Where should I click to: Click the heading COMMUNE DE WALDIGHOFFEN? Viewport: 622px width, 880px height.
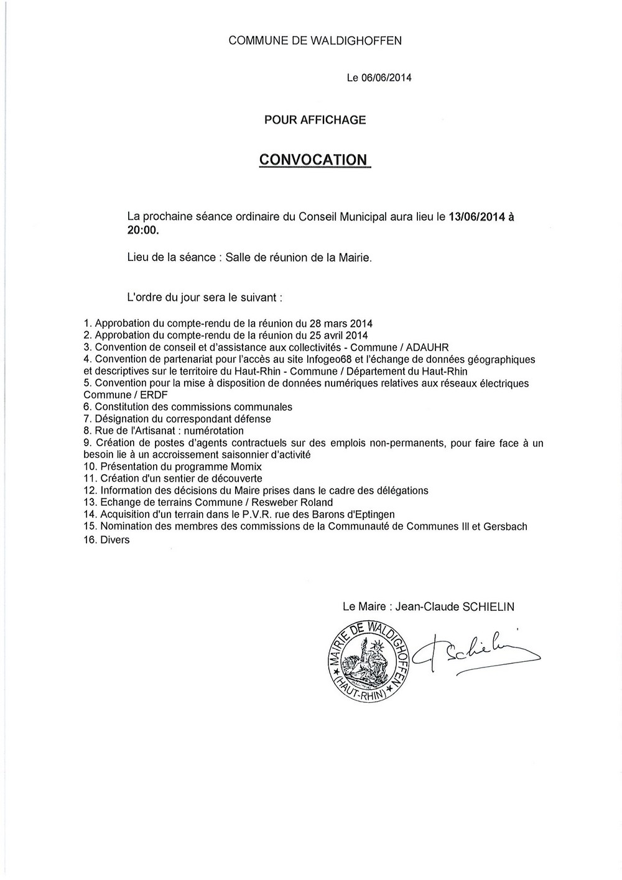[315, 41]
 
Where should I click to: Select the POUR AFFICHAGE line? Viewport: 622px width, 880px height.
[315, 120]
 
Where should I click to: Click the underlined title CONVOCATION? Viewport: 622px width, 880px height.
[313, 160]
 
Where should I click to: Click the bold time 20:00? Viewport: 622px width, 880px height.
[142, 231]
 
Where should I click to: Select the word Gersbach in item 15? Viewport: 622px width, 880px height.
[504, 526]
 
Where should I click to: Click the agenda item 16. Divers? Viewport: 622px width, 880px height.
[106, 540]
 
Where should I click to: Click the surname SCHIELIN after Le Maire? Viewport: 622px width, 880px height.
[488, 607]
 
